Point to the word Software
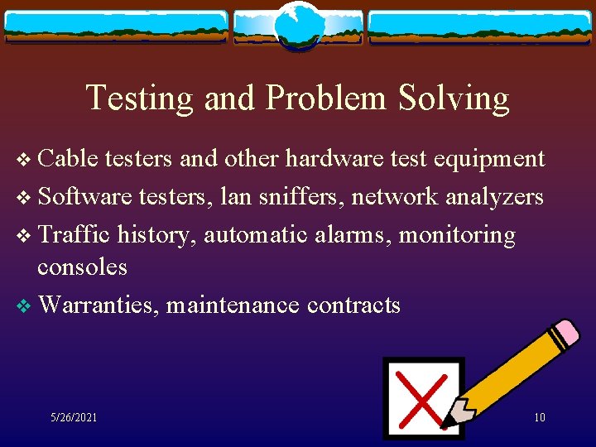(x=85, y=197)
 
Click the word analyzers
(x=495, y=197)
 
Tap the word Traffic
(x=74, y=235)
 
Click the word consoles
(x=82, y=267)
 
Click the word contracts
(x=353, y=305)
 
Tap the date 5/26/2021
(x=74, y=418)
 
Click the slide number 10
(x=539, y=418)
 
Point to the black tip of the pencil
(x=448, y=424)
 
